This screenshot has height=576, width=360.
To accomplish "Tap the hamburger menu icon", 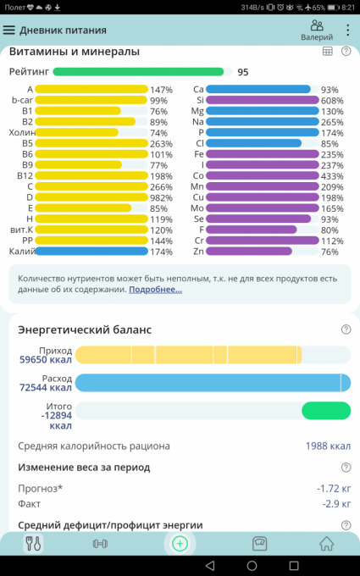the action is click(x=9, y=30).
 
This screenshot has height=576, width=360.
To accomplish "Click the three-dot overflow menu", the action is click(x=347, y=30).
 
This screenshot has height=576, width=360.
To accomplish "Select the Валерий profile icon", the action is click(x=317, y=25).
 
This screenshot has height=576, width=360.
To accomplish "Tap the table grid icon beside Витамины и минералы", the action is click(x=327, y=52).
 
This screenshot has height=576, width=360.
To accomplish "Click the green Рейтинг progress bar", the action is click(x=138, y=72).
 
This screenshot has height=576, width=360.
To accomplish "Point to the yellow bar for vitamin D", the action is click(x=91, y=197).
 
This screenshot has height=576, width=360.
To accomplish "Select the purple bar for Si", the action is click(x=263, y=100).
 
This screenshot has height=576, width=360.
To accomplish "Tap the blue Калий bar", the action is click(x=91, y=252).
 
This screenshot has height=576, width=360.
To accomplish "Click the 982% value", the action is click(x=161, y=198).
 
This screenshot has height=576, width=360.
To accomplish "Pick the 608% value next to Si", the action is click(x=332, y=100).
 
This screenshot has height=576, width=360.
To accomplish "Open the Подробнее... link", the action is click(x=155, y=290).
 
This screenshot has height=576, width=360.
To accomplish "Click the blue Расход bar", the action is click(x=213, y=383).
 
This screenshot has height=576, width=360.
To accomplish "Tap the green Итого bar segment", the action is click(x=326, y=411).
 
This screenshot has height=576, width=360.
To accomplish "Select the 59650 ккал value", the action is click(x=46, y=359).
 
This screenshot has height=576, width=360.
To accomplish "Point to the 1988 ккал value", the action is click(x=328, y=446).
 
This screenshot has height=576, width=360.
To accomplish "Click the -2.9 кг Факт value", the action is click(x=336, y=504).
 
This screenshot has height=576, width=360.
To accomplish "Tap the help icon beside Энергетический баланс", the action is click(x=346, y=330).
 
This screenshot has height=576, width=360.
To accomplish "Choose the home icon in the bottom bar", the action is click(x=326, y=544).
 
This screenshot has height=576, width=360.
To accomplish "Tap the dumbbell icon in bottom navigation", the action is click(x=100, y=544).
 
